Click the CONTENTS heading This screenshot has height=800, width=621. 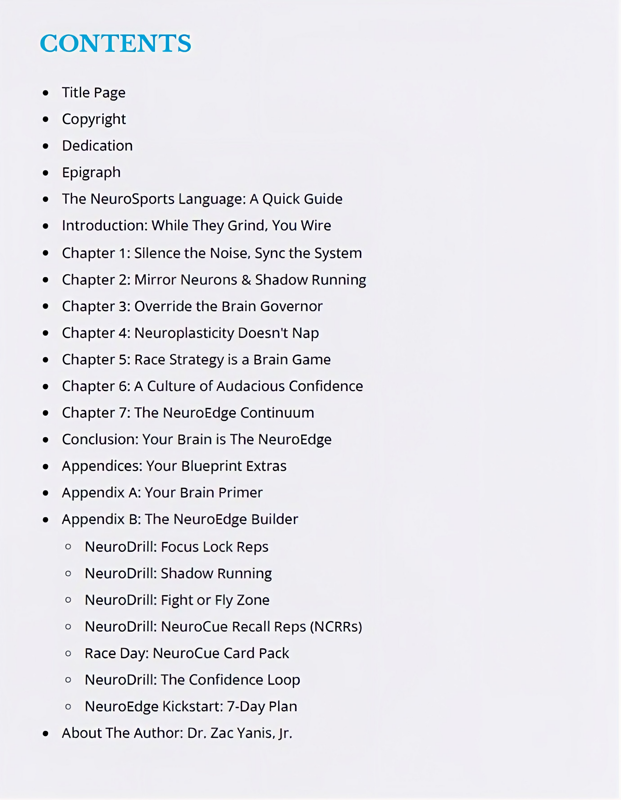tap(116, 43)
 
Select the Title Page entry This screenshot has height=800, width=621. tap(94, 93)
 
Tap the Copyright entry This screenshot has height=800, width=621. tap(94, 119)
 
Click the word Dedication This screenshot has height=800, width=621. tap(97, 146)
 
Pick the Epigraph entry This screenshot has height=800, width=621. tap(91, 172)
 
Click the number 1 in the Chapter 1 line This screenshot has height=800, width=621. tap(124, 253)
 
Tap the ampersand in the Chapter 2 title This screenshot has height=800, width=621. tap(246, 280)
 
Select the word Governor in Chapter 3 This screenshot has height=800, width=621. tap(291, 306)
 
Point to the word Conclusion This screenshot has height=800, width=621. tap(100, 439)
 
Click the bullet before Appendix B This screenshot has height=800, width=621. tap(45, 520)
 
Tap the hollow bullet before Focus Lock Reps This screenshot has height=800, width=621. tap(68, 547)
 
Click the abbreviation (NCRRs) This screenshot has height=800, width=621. tap(336, 627)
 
